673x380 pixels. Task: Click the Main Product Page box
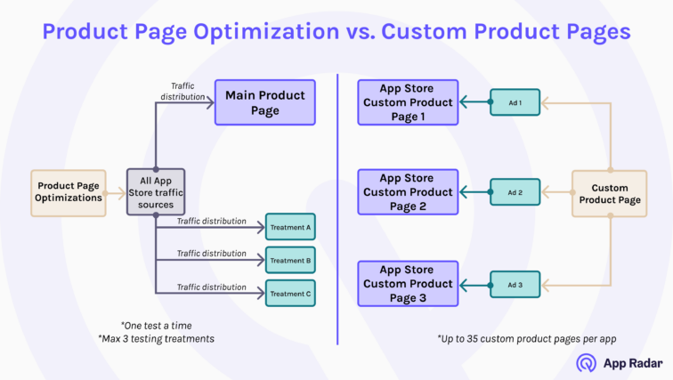tap(264, 102)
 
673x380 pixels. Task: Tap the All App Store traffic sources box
tap(156, 191)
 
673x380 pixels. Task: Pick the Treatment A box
tap(289, 227)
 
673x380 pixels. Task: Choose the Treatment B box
tap(289, 260)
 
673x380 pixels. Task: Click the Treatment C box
tap(289, 293)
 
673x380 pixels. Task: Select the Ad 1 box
tap(514, 102)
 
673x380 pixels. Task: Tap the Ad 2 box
tap(514, 191)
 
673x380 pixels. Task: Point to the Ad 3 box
tap(514, 285)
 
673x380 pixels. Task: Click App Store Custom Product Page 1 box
tap(408, 102)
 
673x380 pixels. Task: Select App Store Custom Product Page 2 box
tap(408, 191)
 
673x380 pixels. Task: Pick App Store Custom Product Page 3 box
tap(408, 284)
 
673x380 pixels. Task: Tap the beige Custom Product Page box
tap(609, 194)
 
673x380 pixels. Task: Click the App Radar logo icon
tap(587, 362)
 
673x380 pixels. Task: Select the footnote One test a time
tap(156, 325)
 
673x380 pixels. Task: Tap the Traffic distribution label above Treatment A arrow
tap(211, 221)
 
